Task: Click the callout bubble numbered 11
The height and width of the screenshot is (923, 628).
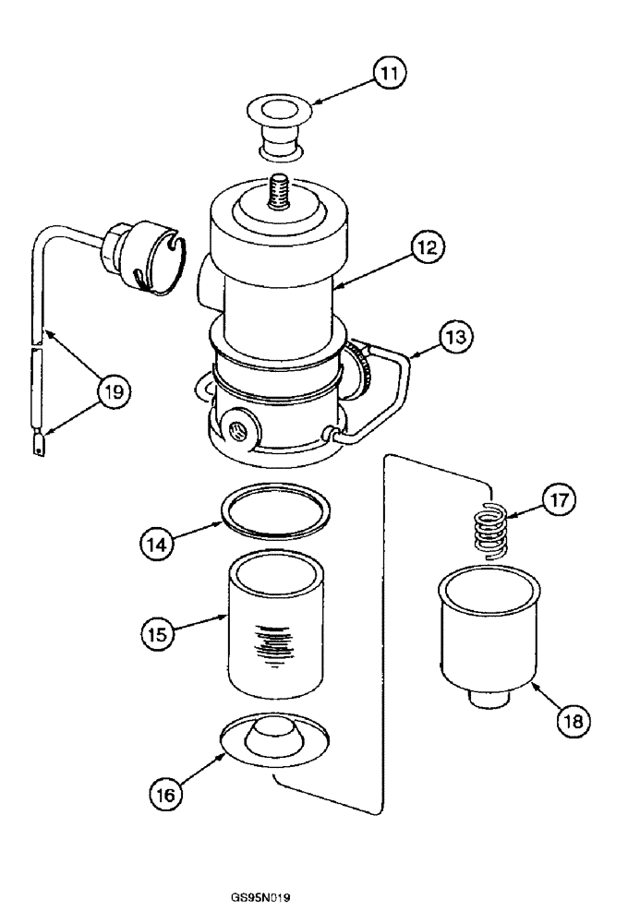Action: pyautogui.click(x=393, y=72)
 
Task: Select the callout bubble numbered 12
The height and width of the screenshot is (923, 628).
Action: pyautogui.click(x=428, y=246)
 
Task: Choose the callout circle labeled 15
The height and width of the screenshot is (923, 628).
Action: pyautogui.click(x=158, y=634)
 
